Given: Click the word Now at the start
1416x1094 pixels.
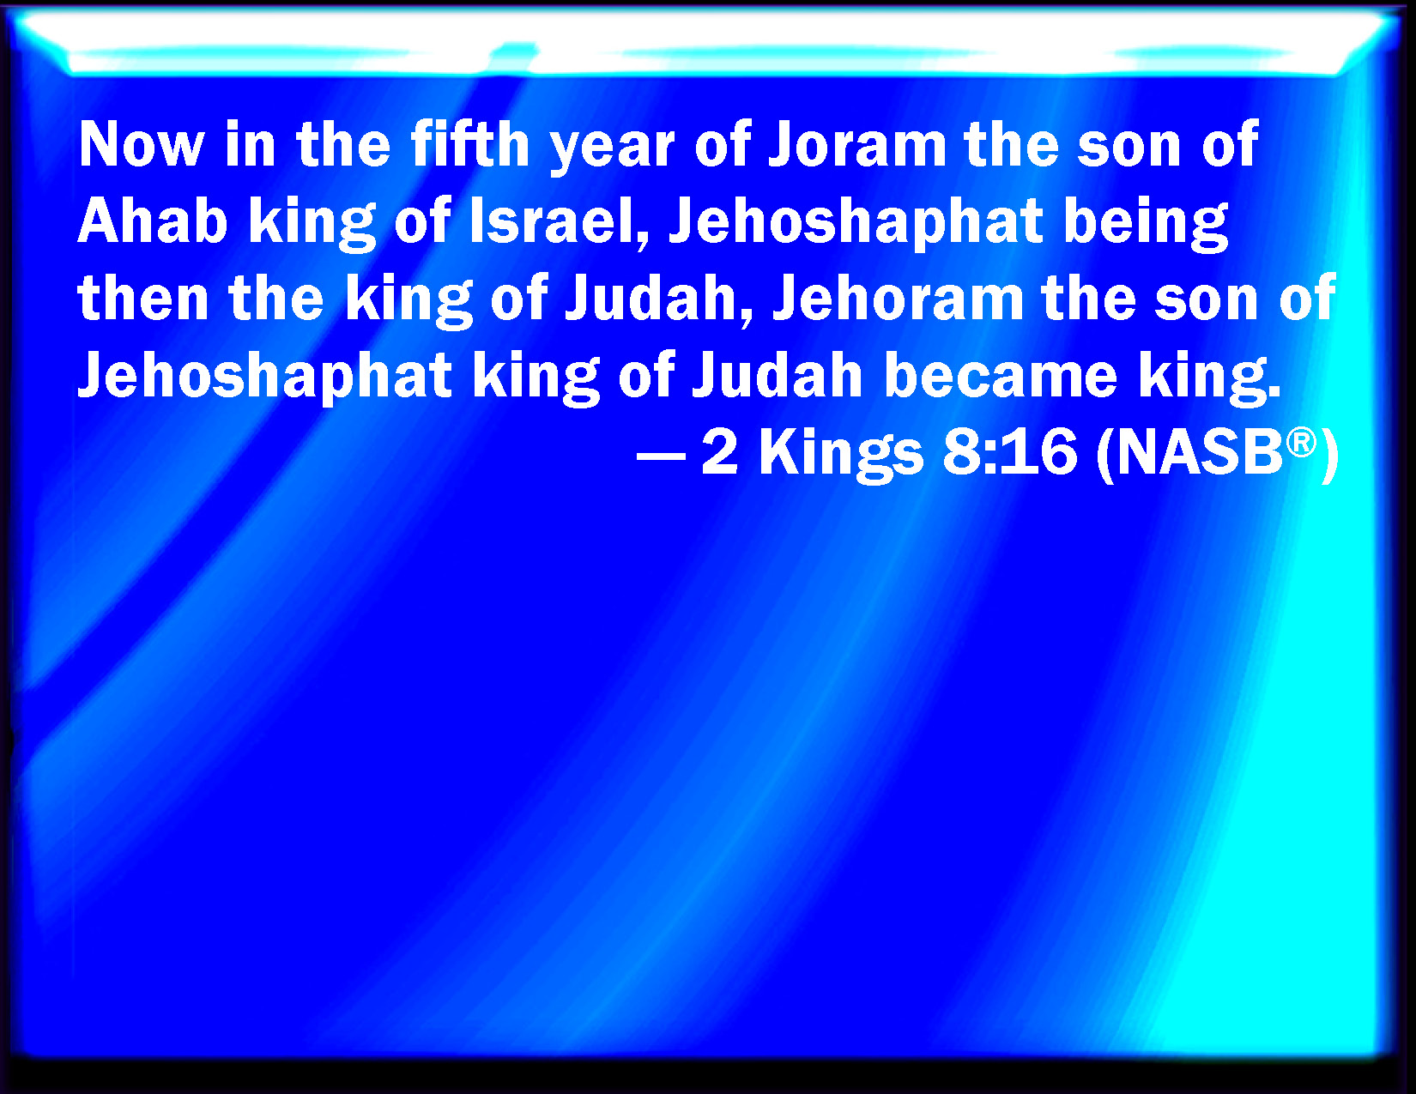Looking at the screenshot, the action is tap(142, 145).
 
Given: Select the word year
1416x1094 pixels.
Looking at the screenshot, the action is tap(612, 150).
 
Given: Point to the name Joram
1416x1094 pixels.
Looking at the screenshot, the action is tap(857, 144).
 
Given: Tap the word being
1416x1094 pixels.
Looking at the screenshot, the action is tap(1146, 224).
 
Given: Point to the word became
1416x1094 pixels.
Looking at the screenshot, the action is tap(1001, 374).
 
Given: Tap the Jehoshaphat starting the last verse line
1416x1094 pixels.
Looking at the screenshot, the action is tap(264, 377).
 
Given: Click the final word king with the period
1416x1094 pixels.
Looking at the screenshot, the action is tap(1210, 378).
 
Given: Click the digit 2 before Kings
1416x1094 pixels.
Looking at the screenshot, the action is tap(719, 451).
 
